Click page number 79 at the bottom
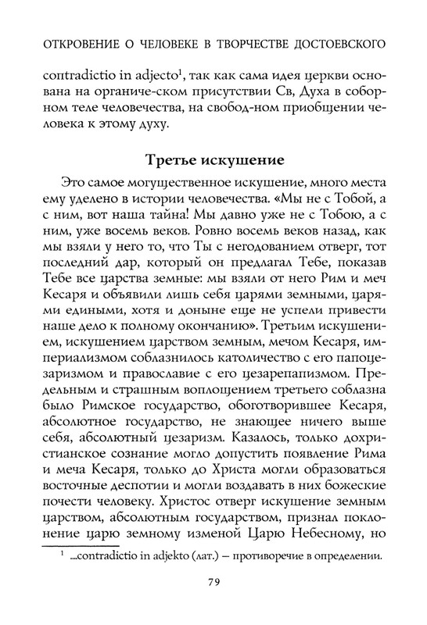213,602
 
